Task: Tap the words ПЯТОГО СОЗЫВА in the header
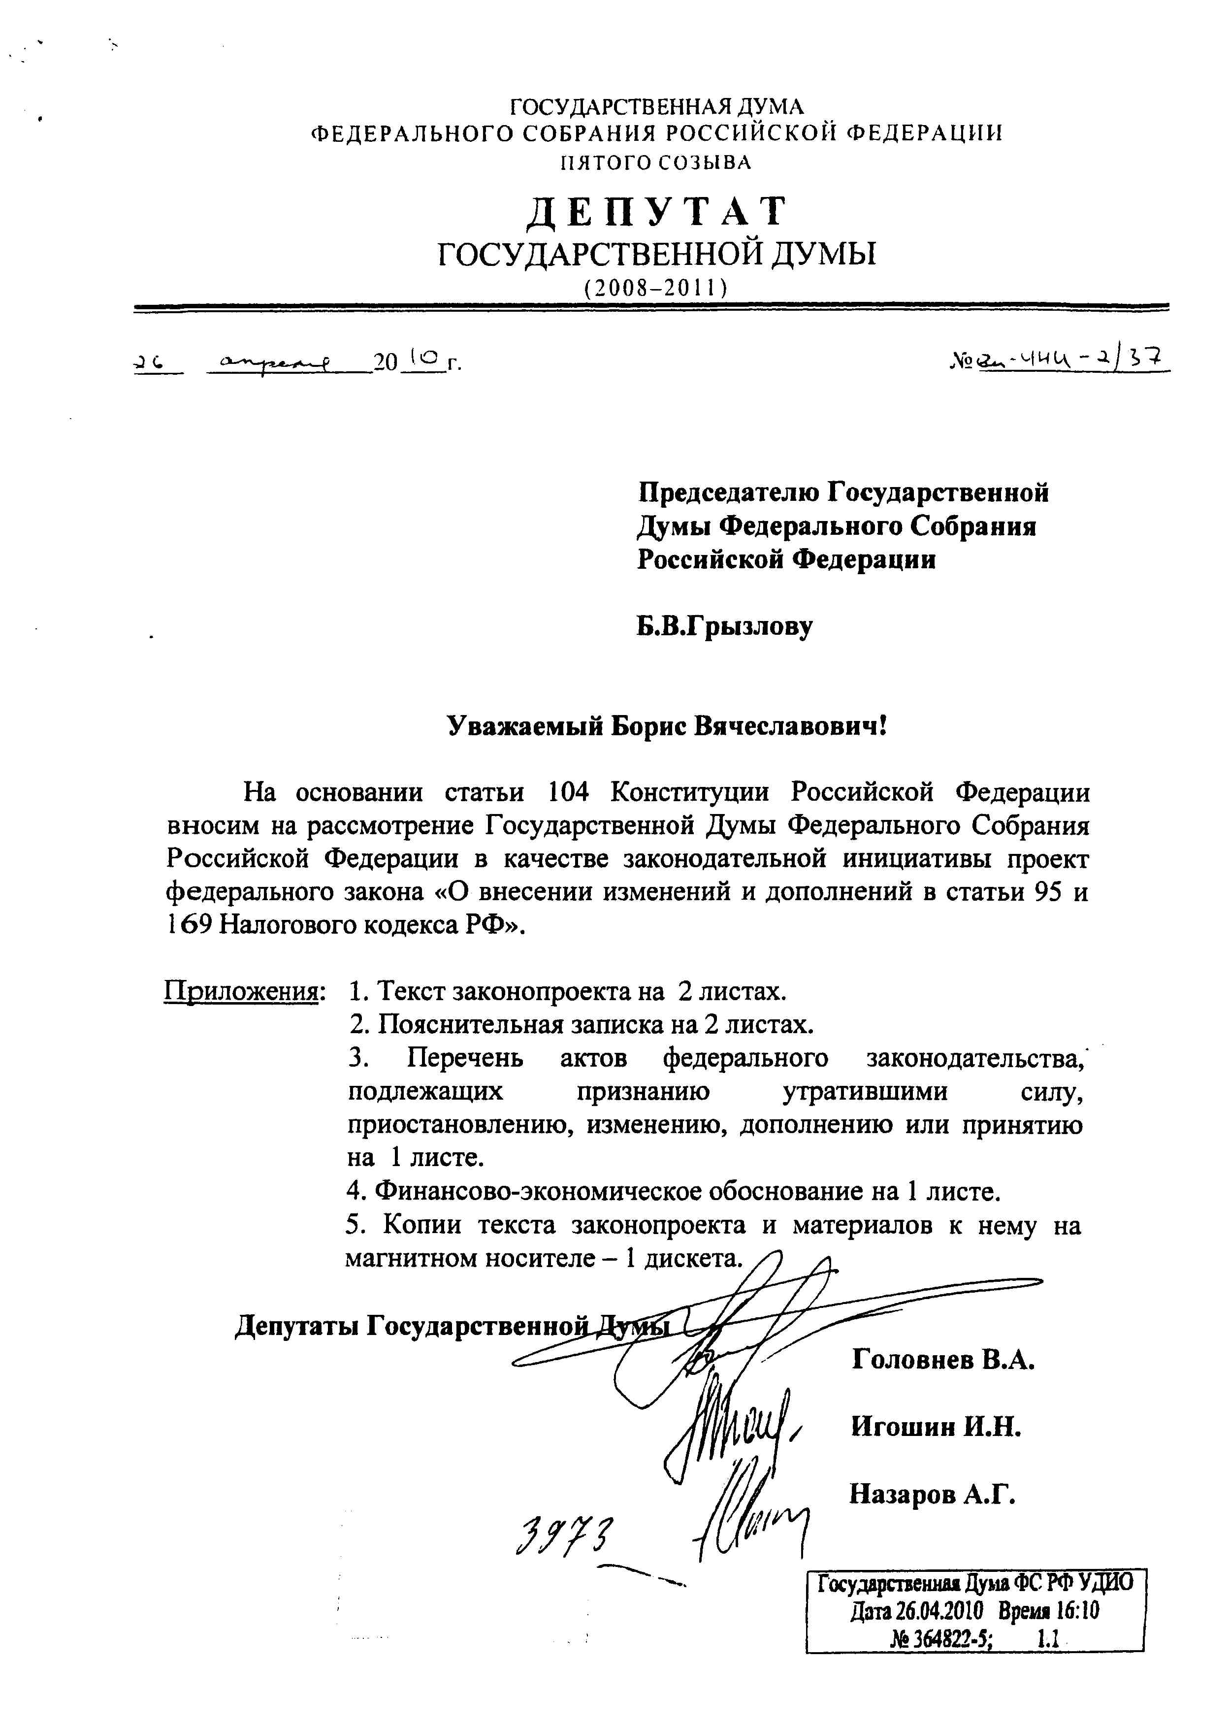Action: [x=655, y=163]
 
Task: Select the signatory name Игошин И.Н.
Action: [x=936, y=1427]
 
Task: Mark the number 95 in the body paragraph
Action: [x=1049, y=892]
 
